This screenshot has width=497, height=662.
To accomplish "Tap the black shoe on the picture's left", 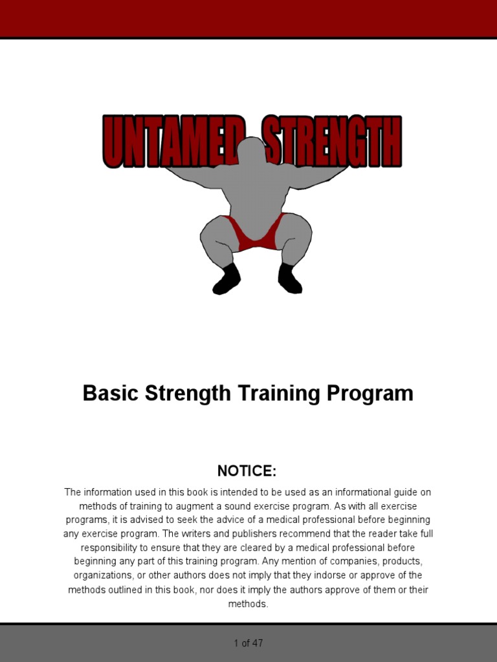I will tap(226, 279).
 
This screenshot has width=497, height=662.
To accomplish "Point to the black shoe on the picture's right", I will tap(289, 279).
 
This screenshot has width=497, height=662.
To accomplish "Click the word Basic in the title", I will tap(110, 393).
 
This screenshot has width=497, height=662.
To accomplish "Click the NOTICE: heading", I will tap(247, 471).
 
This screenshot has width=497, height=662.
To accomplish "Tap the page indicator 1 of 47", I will tap(248, 643).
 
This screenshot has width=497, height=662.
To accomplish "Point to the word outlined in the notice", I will tap(128, 590).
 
